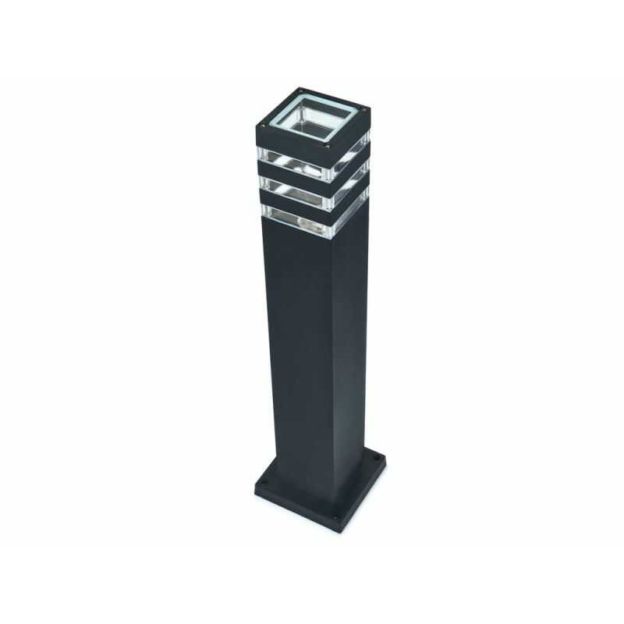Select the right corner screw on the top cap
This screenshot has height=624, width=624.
click(x=363, y=117)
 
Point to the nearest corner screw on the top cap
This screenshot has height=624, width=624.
click(x=328, y=146)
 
